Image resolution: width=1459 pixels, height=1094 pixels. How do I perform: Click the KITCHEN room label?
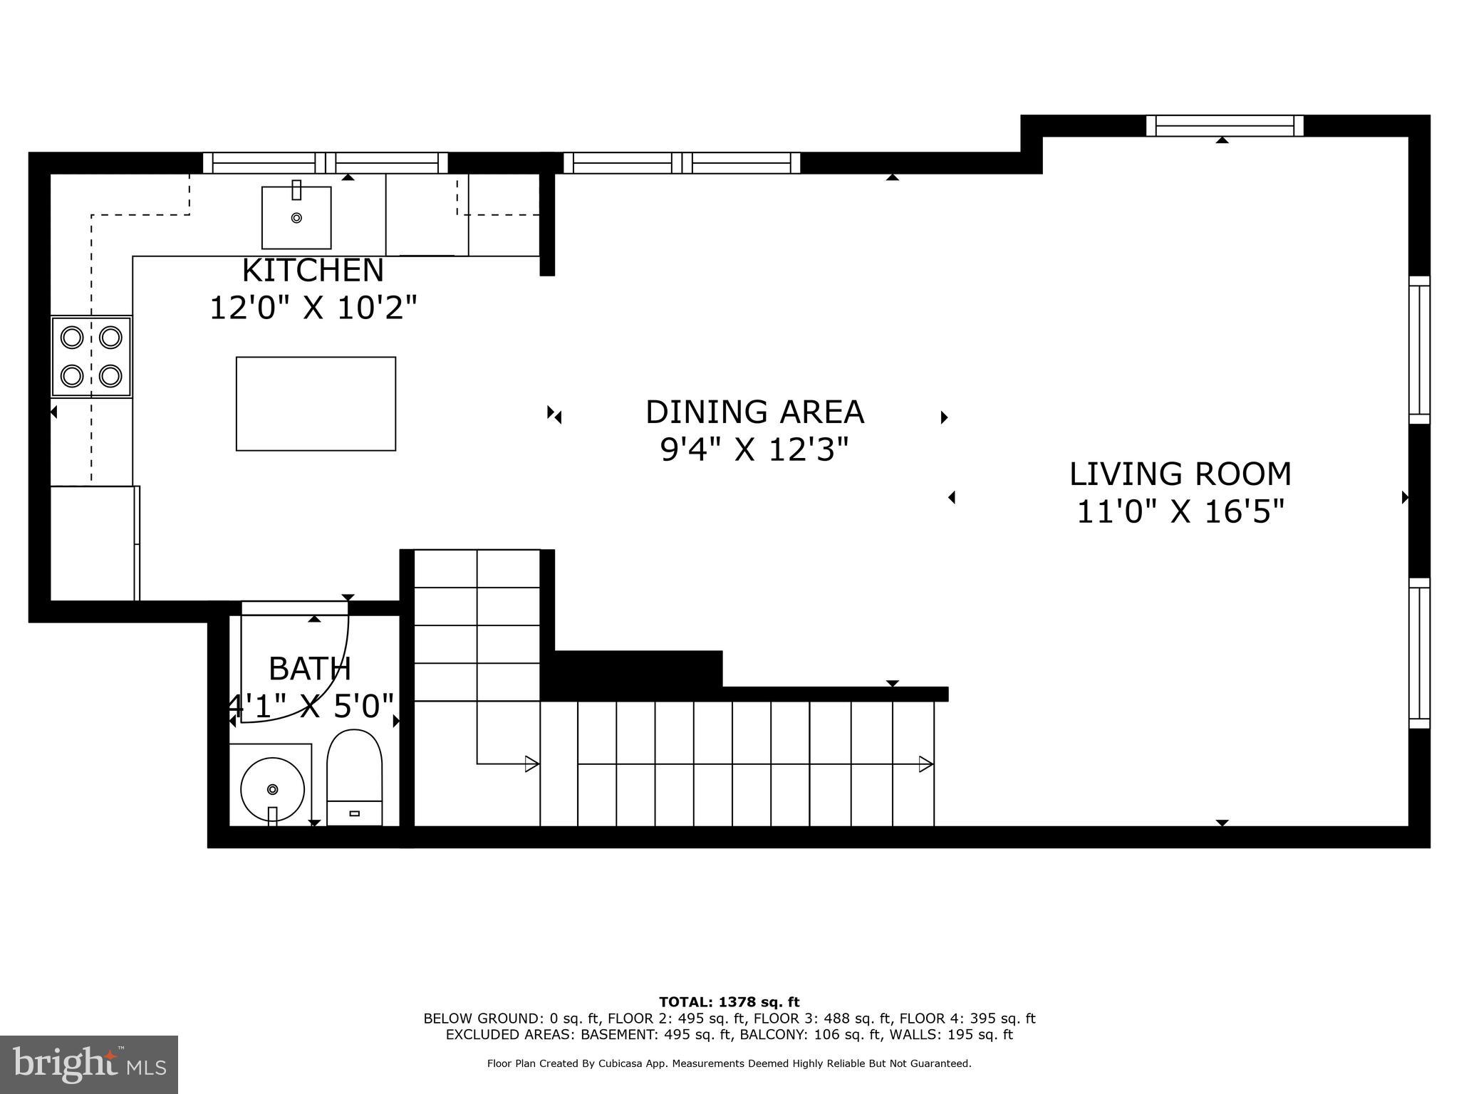click(x=313, y=271)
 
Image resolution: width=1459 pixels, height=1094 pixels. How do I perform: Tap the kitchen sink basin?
click(x=296, y=217)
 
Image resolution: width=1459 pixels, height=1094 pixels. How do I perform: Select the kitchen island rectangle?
click(x=316, y=404)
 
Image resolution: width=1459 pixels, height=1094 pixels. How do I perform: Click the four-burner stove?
click(x=91, y=356)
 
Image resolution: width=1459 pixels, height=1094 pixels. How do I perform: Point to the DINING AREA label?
click(x=754, y=412)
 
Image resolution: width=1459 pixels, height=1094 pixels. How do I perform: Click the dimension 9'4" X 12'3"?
click(x=754, y=450)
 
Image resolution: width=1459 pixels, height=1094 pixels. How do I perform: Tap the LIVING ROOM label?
click(x=1180, y=474)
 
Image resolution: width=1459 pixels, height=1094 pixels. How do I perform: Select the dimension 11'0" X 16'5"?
click(x=1180, y=512)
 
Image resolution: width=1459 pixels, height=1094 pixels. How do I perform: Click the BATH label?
click(x=310, y=669)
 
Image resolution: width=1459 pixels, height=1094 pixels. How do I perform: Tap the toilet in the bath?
click(x=354, y=776)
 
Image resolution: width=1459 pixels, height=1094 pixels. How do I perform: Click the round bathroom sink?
click(x=272, y=789)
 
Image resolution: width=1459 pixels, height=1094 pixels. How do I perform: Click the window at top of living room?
click(x=1224, y=125)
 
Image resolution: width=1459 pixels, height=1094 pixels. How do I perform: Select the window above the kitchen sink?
click(x=326, y=163)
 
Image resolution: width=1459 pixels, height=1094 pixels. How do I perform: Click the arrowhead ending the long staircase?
click(x=926, y=764)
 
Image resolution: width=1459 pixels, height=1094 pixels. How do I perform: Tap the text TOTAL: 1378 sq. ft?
click(x=729, y=1003)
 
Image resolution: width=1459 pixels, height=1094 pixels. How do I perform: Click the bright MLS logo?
click(x=89, y=1065)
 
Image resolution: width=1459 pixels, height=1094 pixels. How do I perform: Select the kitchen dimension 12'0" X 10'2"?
click(x=313, y=308)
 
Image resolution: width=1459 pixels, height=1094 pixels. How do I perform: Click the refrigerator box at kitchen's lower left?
click(x=93, y=543)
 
